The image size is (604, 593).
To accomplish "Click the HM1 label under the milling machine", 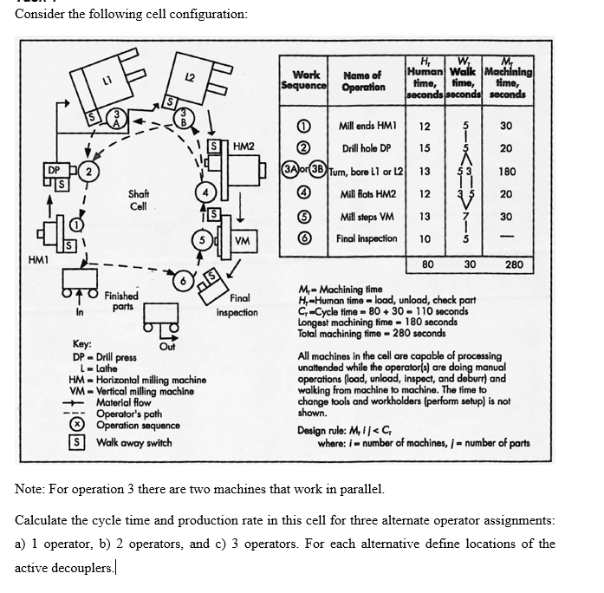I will point(38,257).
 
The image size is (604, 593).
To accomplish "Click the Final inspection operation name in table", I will point(367,238).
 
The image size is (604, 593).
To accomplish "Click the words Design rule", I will point(325,431).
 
